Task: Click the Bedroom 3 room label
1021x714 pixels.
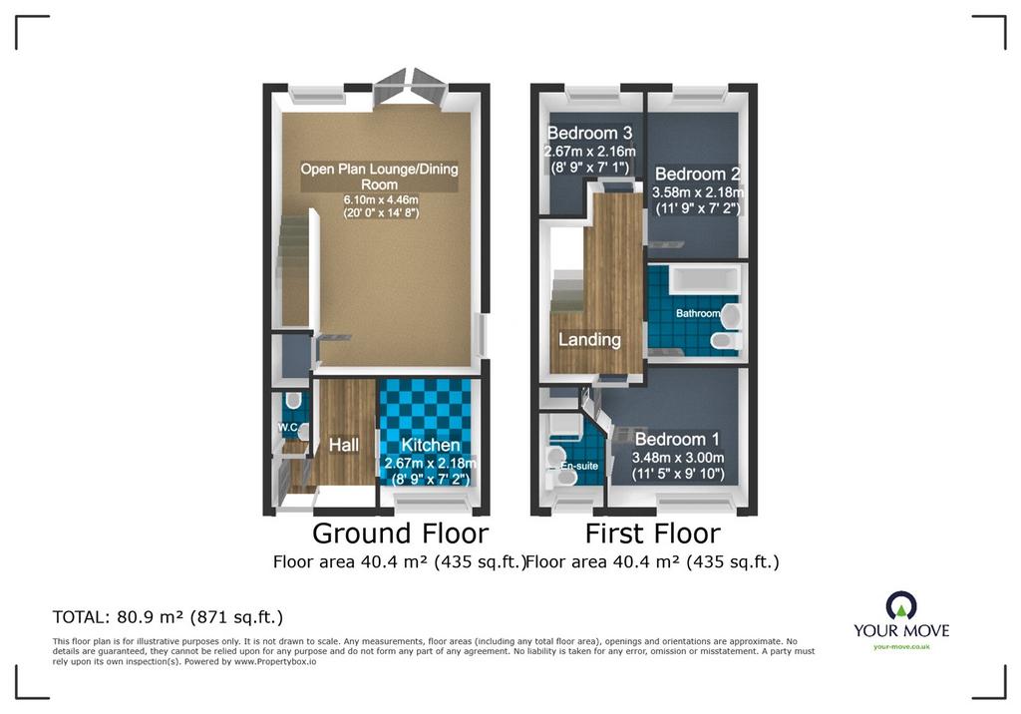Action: point(589,133)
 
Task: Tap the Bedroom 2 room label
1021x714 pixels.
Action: point(697,174)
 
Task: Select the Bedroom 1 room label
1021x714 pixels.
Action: point(677,439)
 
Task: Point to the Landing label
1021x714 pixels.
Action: point(589,339)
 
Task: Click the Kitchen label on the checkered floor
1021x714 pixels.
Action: point(431,445)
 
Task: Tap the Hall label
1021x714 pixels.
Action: point(344,445)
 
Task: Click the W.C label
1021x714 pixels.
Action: point(288,428)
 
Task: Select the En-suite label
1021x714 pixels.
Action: point(579,466)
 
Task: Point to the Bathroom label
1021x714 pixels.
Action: point(697,313)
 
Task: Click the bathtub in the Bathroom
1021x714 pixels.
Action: point(706,279)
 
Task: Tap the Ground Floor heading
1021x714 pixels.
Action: point(401,533)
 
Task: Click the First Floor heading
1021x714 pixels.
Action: point(652,533)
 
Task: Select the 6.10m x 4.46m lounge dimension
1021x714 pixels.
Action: point(381,199)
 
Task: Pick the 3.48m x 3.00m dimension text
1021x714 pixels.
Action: point(678,458)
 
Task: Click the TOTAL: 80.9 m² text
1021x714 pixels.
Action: point(168,617)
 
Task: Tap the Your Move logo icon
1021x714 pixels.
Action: point(901,605)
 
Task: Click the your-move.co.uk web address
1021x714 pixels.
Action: point(901,647)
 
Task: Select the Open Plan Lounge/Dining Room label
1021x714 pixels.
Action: point(379,177)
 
